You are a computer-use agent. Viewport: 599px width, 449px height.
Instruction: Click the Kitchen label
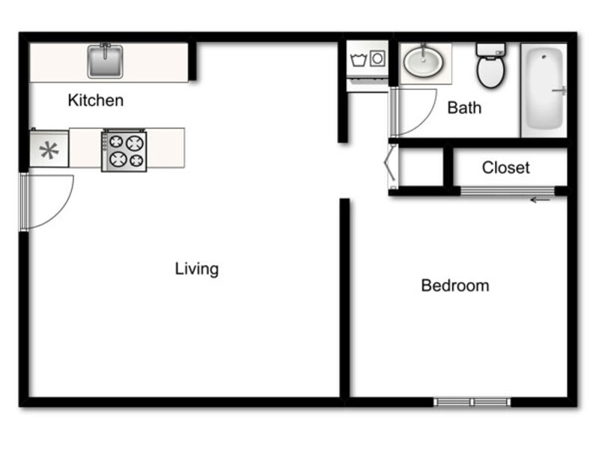[x=96, y=100]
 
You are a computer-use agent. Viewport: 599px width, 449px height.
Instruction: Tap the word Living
[x=197, y=269]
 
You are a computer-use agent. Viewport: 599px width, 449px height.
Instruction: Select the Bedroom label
[x=455, y=286]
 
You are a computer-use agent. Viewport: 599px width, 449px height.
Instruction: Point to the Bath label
[x=464, y=108]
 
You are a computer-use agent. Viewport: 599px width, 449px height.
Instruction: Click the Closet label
[x=506, y=168]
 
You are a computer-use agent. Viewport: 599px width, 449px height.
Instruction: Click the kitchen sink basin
[x=105, y=61]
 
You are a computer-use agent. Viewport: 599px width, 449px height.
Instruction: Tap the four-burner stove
[x=124, y=151]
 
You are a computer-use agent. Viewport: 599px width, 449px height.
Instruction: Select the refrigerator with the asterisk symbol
[x=49, y=149]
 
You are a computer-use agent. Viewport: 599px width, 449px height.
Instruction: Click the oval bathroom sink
[x=424, y=61]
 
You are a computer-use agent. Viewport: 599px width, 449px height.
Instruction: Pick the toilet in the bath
[x=491, y=65]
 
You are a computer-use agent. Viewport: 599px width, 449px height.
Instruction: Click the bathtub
[x=544, y=90]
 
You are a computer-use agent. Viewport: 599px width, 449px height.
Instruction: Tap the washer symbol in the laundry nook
[x=359, y=60]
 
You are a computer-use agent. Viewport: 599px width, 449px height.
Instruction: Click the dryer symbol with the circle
[x=377, y=58]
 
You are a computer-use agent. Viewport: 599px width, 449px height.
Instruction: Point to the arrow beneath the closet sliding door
[x=540, y=200]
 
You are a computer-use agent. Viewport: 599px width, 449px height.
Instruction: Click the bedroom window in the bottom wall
[x=472, y=402]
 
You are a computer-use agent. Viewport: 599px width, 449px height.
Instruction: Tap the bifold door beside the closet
[x=390, y=166]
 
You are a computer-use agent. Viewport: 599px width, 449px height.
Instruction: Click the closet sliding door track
[x=508, y=191]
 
